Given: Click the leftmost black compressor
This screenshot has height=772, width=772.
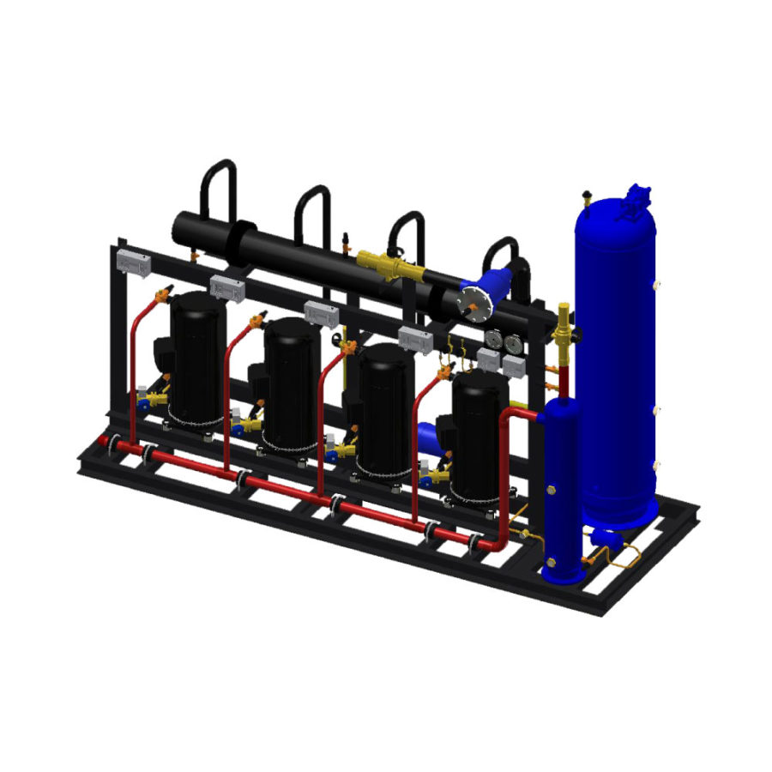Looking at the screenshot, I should (196, 356).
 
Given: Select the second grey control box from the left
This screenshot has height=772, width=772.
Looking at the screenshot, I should (227, 288).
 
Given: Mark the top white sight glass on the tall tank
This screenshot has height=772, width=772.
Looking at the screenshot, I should (655, 284).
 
